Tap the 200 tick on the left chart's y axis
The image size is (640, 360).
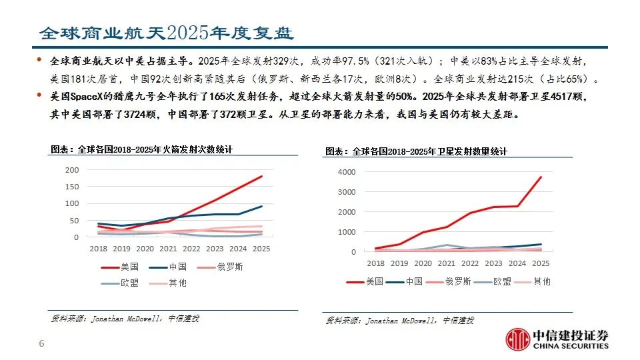(x=72, y=170)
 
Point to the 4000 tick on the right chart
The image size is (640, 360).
(x=347, y=171)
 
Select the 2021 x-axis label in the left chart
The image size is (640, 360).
(x=168, y=249)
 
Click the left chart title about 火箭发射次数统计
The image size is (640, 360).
(x=142, y=150)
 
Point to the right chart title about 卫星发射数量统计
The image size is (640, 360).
(x=416, y=152)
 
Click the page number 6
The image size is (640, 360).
(x=41, y=344)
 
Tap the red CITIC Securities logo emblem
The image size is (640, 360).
(x=517, y=339)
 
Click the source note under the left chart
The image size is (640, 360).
(x=125, y=319)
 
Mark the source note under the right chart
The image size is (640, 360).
(x=399, y=321)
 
